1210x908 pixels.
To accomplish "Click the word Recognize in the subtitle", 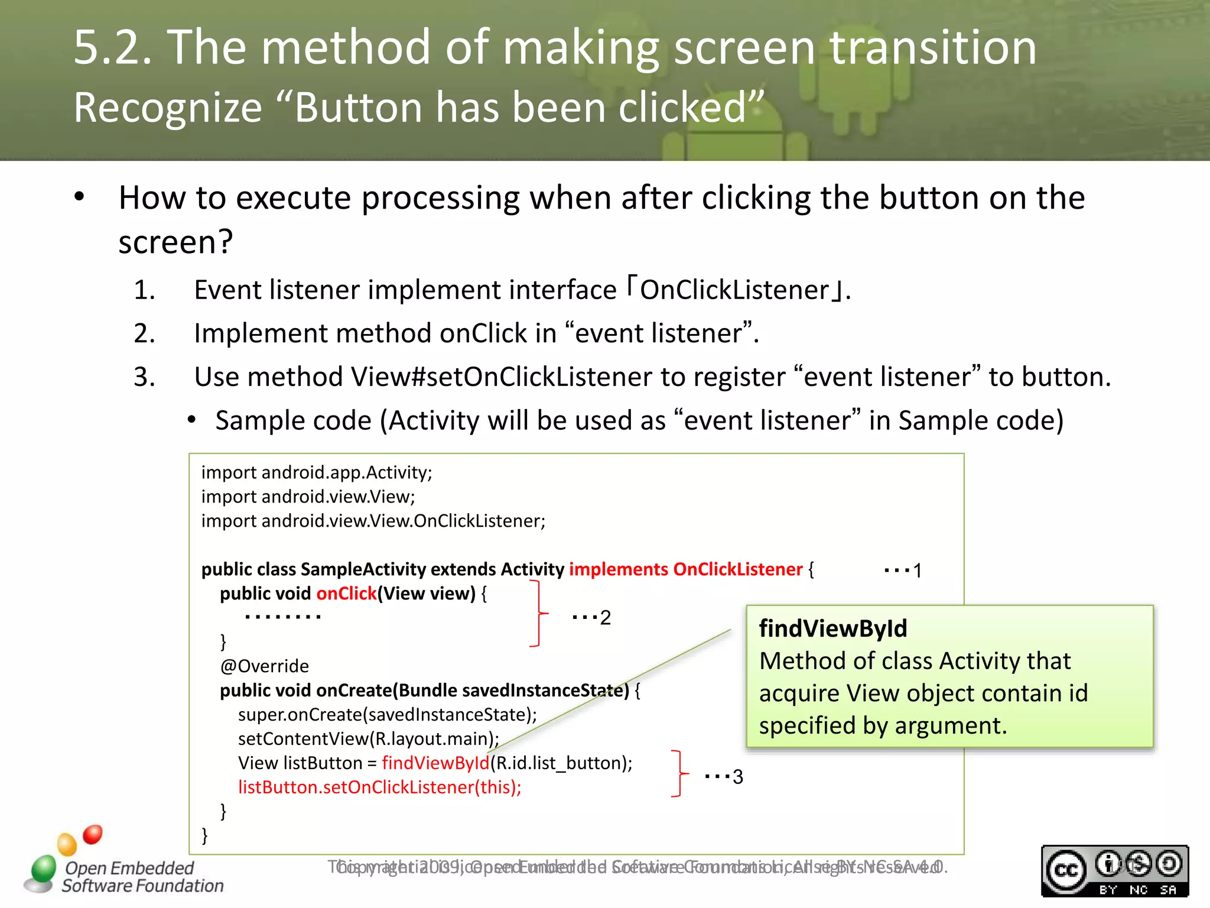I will [x=168, y=108].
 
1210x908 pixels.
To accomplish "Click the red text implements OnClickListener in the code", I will [x=685, y=569].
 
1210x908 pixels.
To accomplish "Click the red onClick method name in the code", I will [x=346, y=593].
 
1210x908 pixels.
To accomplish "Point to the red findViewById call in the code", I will [x=435, y=763].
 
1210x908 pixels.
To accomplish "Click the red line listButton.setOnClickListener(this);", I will [x=379, y=787].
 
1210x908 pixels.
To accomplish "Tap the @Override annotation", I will [x=264, y=666].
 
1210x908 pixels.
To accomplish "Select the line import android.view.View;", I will [x=308, y=497].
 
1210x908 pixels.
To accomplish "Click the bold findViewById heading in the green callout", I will [x=832, y=628].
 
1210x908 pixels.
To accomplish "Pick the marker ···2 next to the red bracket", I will [x=591, y=617].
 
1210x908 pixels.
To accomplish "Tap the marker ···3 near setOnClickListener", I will [x=724, y=776].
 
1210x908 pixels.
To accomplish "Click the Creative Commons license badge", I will [x=1114, y=871].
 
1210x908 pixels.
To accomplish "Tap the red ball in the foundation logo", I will [x=92, y=834].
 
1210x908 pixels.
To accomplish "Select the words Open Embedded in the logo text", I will [x=129, y=868].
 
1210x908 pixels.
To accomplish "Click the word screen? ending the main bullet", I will [x=175, y=242].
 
